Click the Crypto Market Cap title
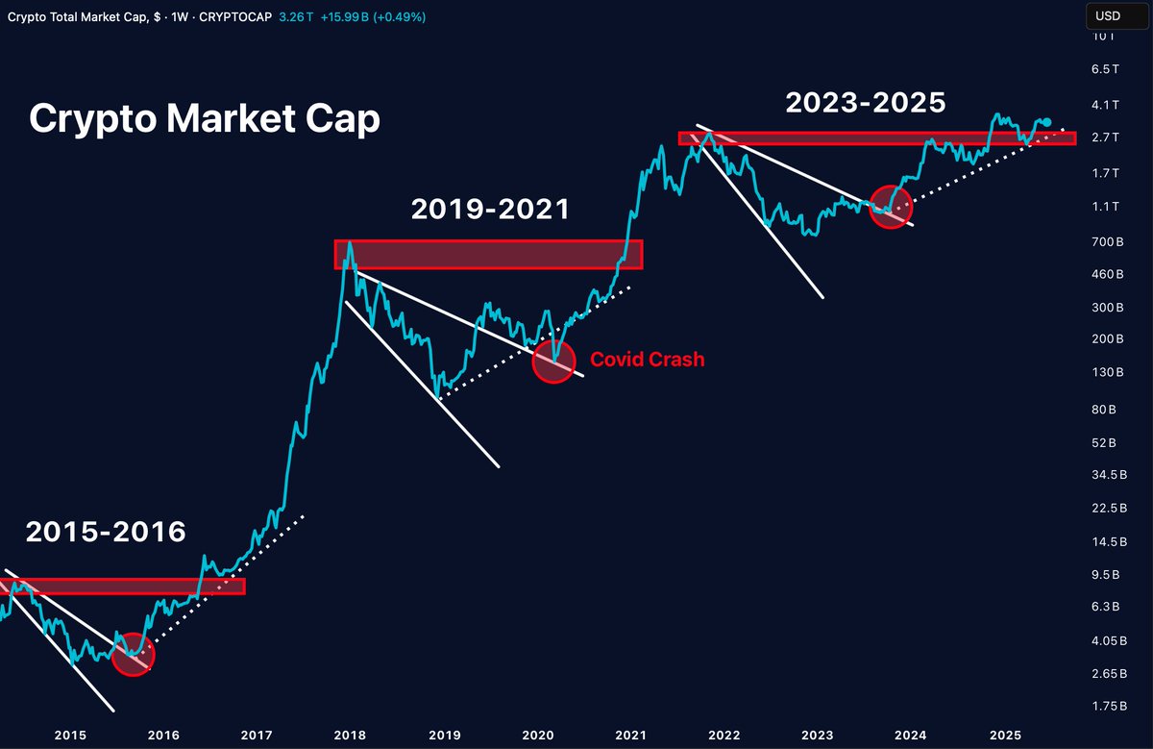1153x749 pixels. [204, 119]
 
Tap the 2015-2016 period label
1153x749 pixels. [106, 532]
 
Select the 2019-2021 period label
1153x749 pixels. [490, 209]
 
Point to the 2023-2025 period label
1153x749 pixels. [866, 103]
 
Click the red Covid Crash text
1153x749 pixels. [647, 360]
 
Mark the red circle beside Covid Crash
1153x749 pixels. [553, 361]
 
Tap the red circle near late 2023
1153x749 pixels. [890, 208]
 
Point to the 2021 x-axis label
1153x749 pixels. [628, 736]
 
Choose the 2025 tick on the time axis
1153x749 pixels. [1004, 736]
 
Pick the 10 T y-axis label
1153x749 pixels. [1104, 37]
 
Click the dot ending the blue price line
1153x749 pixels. [1046, 123]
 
